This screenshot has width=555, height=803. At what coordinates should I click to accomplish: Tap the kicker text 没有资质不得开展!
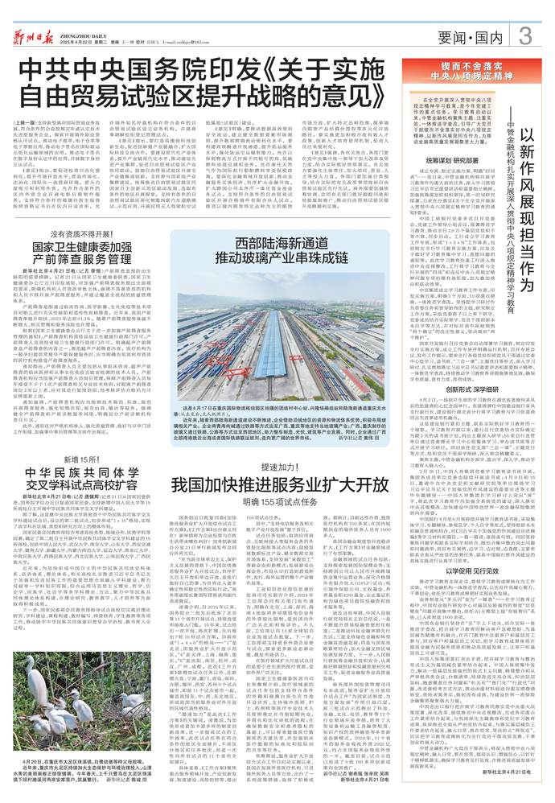(x=90, y=233)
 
